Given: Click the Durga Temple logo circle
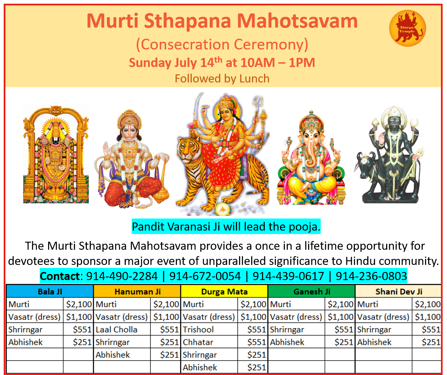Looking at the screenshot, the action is (x=407, y=28).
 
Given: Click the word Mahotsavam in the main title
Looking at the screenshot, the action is (x=297, y=21).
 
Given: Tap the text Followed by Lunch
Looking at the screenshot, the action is (x=222, y=78).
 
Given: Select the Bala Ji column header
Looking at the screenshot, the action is (x=50, y=292).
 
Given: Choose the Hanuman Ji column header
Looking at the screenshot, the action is (x=138, y=292).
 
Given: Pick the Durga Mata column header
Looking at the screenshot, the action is (x=224, y=292).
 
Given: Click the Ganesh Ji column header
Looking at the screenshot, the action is (x=312, y=292).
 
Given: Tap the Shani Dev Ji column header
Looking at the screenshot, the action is (x=399, y=292).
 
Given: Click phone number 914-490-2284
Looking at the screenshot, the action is (x=122, y=276).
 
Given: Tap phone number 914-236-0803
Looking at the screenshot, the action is (x=371, y=276).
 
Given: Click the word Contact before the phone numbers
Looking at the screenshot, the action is (x=60, y=276).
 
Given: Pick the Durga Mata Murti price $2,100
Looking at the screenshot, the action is (x=253, y=304).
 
